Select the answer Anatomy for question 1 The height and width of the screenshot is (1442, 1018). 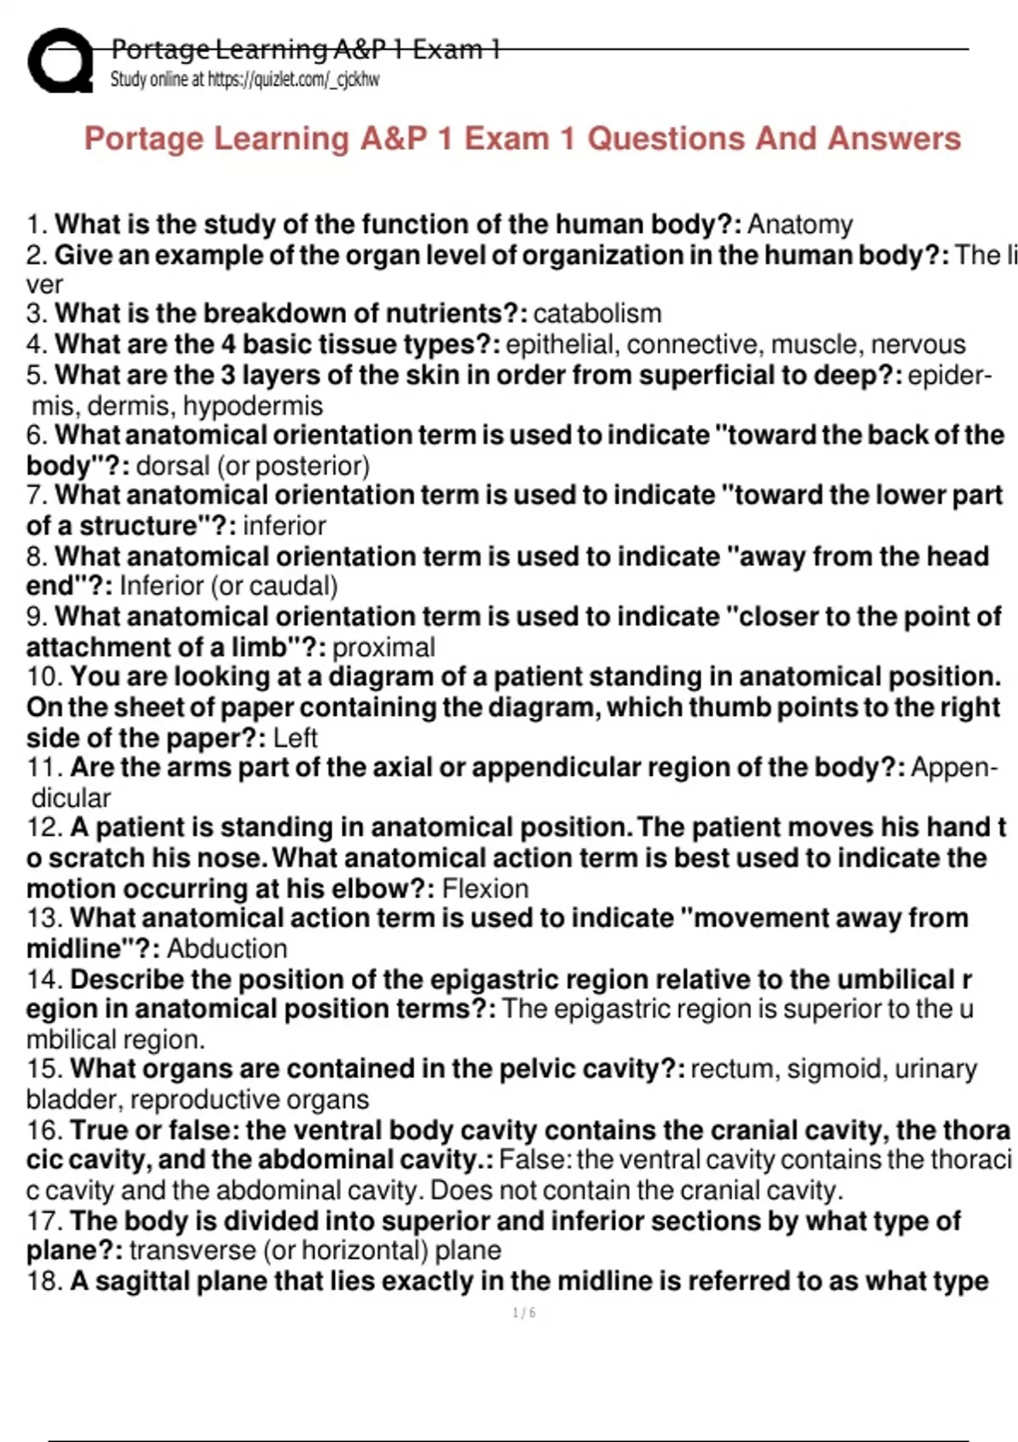pos(799,225)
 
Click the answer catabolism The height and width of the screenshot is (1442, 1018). pos(596,314)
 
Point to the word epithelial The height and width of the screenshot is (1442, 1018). pos(559,344)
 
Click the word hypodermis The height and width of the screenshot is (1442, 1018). pos(252,406)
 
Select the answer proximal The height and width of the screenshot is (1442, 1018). pos(383,647)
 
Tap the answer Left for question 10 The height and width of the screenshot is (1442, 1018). pos(294,738)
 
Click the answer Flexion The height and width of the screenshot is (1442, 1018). pos(485,889)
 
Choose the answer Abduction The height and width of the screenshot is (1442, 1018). pos(227,948)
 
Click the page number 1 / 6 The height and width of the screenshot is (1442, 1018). pos(523,1313)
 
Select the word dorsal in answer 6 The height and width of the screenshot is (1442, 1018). pos(172,466)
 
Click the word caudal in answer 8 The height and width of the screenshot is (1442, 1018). pos(289,586)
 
